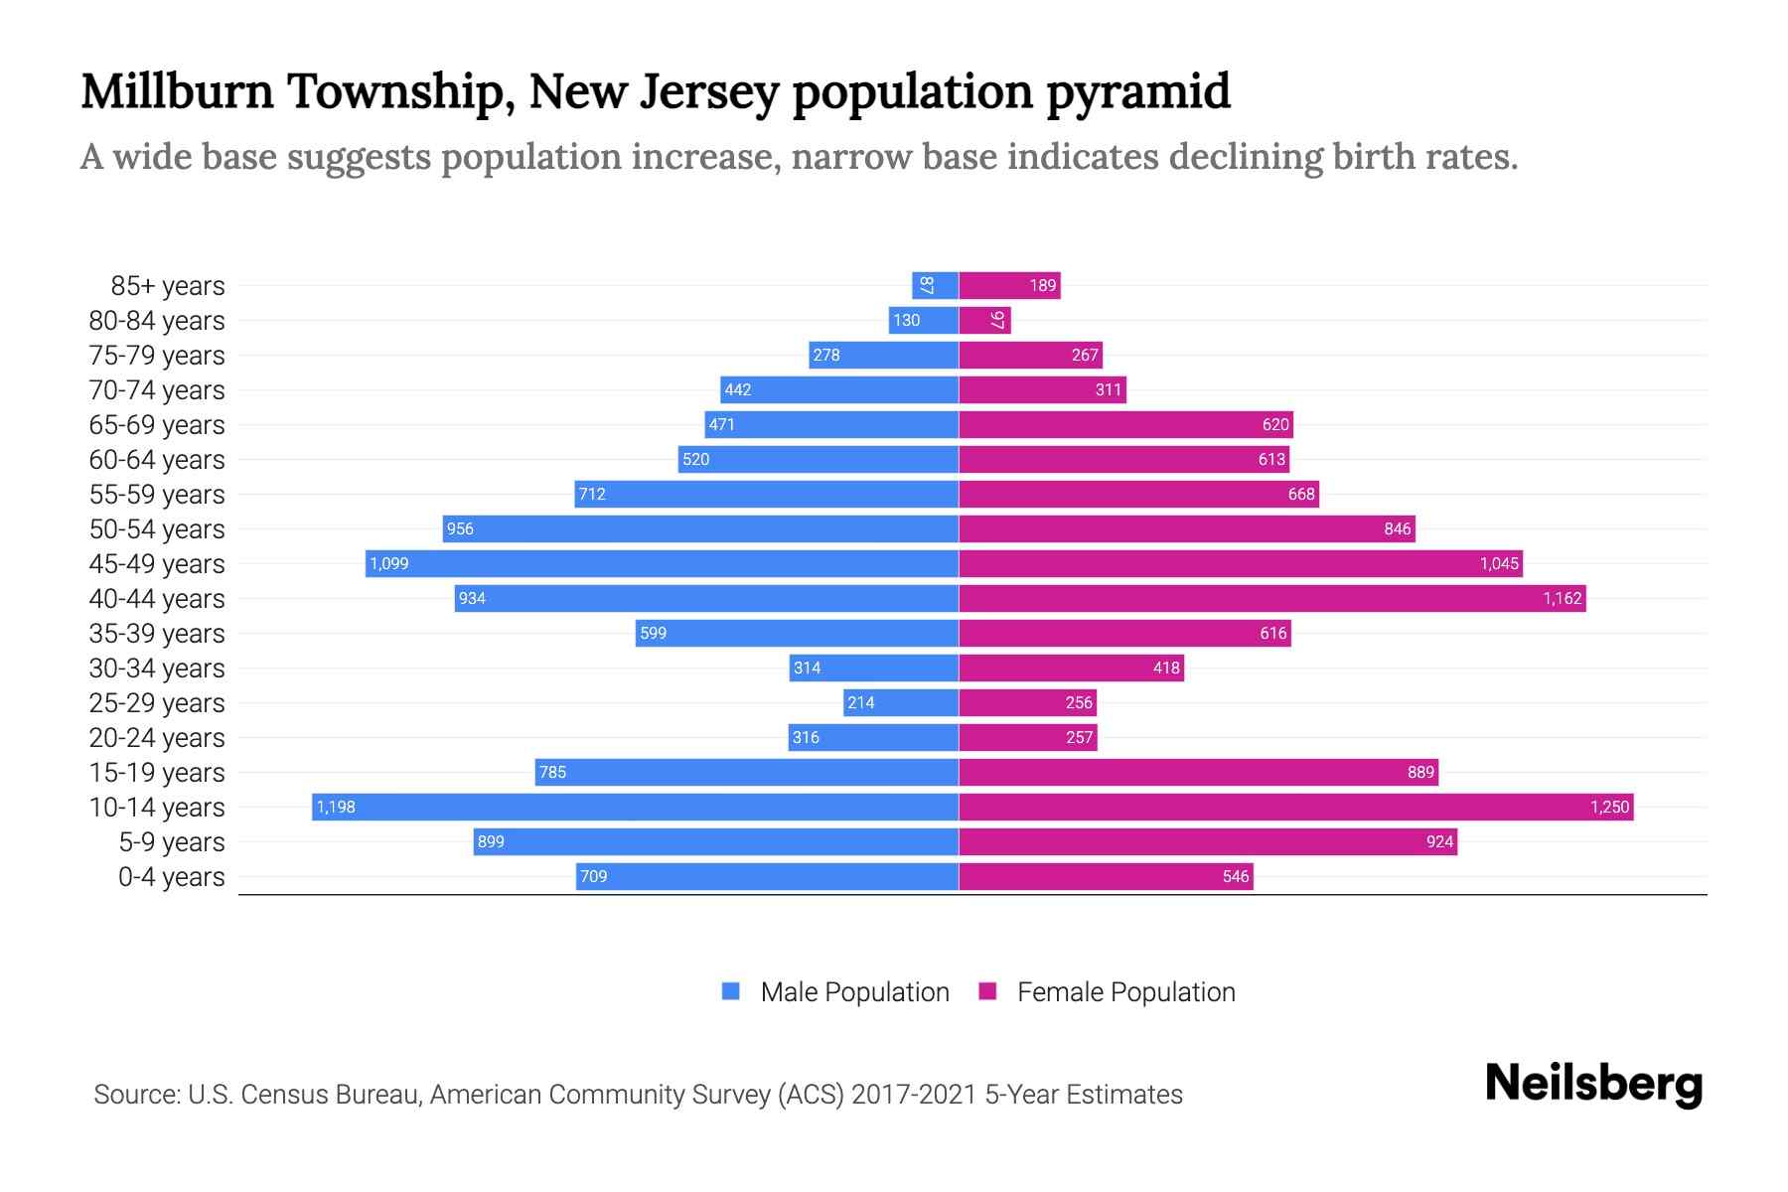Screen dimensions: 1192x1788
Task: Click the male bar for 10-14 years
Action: coord(636,807)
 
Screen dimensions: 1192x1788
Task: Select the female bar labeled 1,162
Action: coord(1271,598)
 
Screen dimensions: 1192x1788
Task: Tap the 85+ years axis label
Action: coord(168,286)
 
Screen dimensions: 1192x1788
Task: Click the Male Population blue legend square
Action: coord(731,991)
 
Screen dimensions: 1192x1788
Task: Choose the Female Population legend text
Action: coord(1125,992)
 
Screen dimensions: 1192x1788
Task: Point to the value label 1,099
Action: coord(389,564)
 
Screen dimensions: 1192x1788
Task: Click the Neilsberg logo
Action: coord(1593,1084)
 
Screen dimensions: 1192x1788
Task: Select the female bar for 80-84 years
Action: coord(984,320)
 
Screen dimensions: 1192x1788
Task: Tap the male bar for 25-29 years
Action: coord(901,702)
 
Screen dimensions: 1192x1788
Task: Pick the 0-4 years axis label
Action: coord(171,877)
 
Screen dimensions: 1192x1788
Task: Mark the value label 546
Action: coord(1236,877)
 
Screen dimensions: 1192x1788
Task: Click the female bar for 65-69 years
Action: coord(1125,424)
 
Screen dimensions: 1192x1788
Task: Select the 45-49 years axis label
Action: coord(157,564)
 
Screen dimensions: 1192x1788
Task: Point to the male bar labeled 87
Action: coord(935,285)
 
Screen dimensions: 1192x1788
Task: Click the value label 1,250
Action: coord(1609,808)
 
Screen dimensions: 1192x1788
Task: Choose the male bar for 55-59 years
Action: coord(766,494)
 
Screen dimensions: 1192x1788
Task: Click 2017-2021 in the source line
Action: coord(914,1095)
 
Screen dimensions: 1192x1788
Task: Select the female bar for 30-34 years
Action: coord(1071,668)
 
